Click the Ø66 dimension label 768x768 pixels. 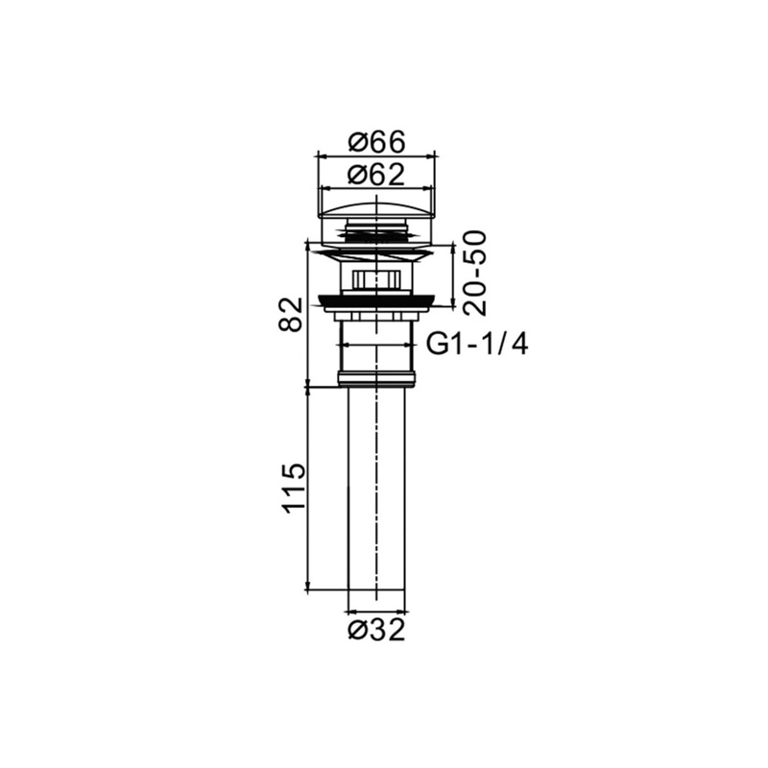click(376, 142)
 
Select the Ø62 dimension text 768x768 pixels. click(376, 175)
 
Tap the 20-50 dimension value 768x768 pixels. click(475, 273)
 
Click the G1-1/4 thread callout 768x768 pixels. click(477, 345)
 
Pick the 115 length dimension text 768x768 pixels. click(294, 488)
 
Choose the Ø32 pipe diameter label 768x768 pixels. click(376, 631)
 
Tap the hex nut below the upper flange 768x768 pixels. click(376, 280)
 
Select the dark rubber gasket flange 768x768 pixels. click(376, 300)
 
